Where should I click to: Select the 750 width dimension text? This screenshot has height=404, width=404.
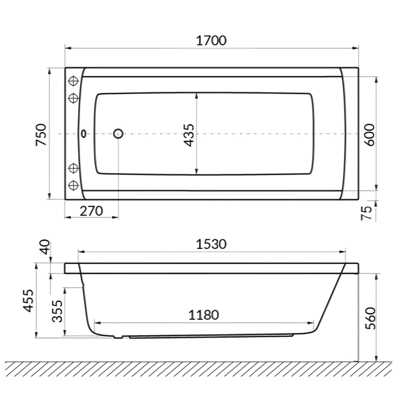(x=41, y=134)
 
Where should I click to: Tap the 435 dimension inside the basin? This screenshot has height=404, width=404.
(x=189, y=134)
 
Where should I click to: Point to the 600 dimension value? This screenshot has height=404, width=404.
(x=369, y=134)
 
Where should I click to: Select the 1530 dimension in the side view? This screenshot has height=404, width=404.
(x=211, y=244)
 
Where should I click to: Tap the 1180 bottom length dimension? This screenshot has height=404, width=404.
(x=203, y=315)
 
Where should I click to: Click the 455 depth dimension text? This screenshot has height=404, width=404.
(x=28, y=302)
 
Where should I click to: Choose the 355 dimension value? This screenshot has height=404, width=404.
(x=56, y=311)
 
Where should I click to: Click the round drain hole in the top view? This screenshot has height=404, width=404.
(x=118, y=133)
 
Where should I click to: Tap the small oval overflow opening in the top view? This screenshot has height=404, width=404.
(x=83, y=133)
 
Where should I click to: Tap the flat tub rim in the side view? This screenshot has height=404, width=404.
(x=211, y=268)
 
